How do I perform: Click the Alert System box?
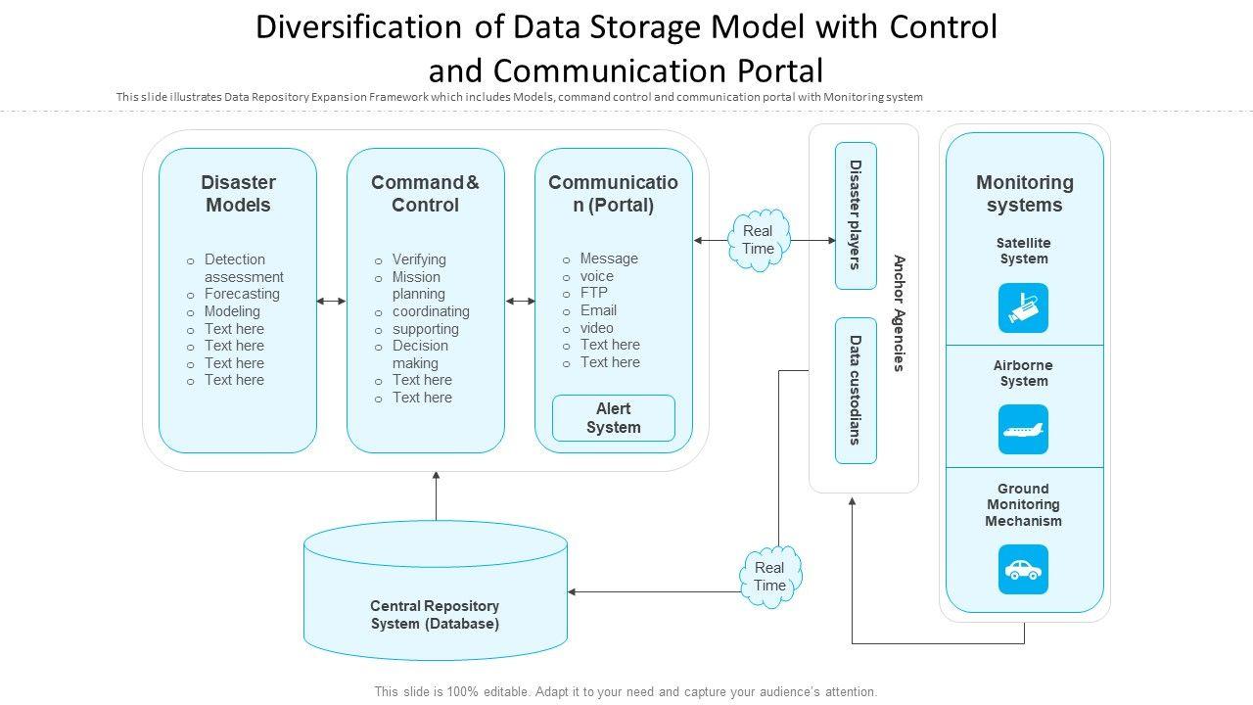click(x=614, y=418)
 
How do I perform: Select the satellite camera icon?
click(x=1023, y=308)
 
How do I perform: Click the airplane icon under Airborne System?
click(x=1023, y=430)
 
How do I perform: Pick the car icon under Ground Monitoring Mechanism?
click(x=1023, y=570)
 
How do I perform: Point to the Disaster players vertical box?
click(x=856, y=215)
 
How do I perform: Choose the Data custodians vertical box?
click(x=856, y=390)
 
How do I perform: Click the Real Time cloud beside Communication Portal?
click(x=758, y=240)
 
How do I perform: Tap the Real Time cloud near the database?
click(x=769, y=577)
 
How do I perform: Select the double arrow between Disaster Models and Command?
click(x=332, y=302)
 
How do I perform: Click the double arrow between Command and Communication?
click(x=520, y=302)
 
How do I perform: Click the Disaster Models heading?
click(x=238, y=194)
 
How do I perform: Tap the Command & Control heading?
click(x=425, y=194)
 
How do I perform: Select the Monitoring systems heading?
click(x=1024, y=194)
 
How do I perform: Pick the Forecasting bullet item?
click(x=242, y=294)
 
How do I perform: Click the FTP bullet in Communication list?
click(x=593, y=293)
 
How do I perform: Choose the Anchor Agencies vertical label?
click(x=899, y=313)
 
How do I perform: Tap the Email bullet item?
click(x=598, y=310)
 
